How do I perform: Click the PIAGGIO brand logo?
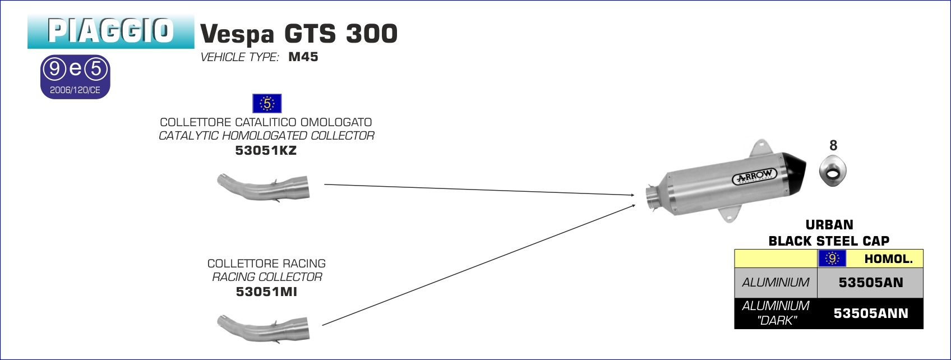pyautogui.click(x=110, y=31)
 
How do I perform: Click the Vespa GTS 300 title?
pyautogui.click(x=299, y=34)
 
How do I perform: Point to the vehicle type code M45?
pyautogui.click(x=303, y=57)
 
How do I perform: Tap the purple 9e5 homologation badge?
pyautogui.click(x=75, y=77)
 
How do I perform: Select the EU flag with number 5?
pyautogui.click(x=267, y=104)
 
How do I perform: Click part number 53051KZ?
pyautogui.click(x=266, y=150)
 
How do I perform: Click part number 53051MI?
pyautogui.click(x=266, y=292)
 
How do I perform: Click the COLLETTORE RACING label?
pyautogui.click(x=266, y=264)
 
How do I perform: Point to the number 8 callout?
pyautogui.click(x=833, y=145)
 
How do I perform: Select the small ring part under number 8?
pyautogui.click(x=833, y=171)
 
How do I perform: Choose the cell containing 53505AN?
pyautogui.click(x=870, y=283)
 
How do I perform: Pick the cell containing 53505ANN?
pyautogui.click(x=870, y=313)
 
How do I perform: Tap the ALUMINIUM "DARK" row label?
pyautogui.click(x=776, y=313)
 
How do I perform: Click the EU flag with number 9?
pyautogui.click(x=832, y=259)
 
